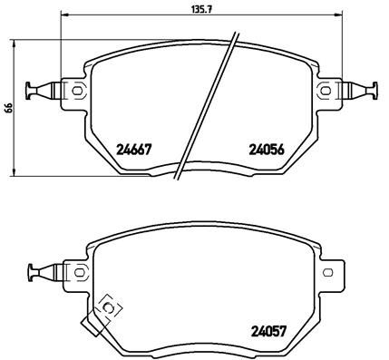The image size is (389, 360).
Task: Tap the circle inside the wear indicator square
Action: (110, 309)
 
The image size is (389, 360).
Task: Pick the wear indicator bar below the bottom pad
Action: (90, 323)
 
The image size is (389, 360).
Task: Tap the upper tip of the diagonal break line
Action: (237, 34)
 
